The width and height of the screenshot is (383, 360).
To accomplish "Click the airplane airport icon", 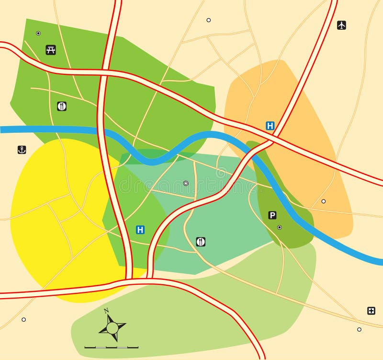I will click(341, 25).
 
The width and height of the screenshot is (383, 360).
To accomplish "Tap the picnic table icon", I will click(51, 50).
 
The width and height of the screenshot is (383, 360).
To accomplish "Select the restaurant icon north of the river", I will click(62, 106).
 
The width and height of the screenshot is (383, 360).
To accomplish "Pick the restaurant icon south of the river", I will click(201, 242).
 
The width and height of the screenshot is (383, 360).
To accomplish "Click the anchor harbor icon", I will click(22, 150).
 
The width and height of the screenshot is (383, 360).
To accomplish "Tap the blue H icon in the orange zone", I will click(270, 126).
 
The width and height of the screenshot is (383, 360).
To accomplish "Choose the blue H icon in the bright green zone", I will click(140, 230).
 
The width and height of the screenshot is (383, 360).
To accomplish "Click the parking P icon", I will click(272, 215).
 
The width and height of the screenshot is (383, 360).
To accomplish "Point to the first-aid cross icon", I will click(371, 311).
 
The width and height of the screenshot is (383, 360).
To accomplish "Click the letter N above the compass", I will click(106, 310).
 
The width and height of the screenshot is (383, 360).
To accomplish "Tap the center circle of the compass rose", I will click(112, 328).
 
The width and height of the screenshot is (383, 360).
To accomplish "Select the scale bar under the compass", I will click(112, 347).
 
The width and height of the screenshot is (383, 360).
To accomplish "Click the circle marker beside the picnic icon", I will click(38, 33).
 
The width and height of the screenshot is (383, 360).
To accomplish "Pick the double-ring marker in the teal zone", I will click(186, 183).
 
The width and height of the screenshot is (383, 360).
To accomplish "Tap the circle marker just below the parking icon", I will click(280, 227).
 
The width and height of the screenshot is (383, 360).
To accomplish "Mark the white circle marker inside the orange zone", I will click(324, 201).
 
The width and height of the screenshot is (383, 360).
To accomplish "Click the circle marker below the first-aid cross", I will click(359, 329).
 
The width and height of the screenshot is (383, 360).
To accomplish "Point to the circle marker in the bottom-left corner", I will click(23, 319).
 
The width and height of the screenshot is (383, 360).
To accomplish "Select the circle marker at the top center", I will click(208, 20).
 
